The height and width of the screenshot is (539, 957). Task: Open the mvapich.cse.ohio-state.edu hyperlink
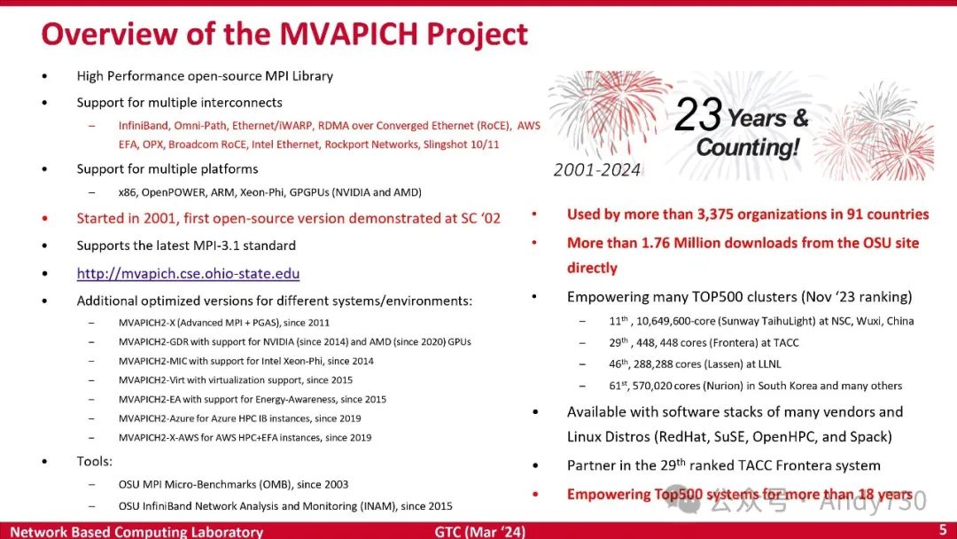click(x=188, y=274)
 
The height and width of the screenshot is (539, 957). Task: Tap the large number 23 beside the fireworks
click(x=699, y=115)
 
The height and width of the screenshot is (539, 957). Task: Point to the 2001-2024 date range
click(x=596, y=170)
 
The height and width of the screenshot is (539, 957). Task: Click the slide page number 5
click(x=942, y=530)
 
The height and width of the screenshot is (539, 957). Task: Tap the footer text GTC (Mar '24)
click(x=479, y=532)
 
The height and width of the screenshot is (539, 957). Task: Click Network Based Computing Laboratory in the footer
click(x=136, y=532)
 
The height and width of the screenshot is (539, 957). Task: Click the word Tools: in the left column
click(x=95, y=462)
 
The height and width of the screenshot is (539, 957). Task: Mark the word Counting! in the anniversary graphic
click(x=747, y=147)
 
